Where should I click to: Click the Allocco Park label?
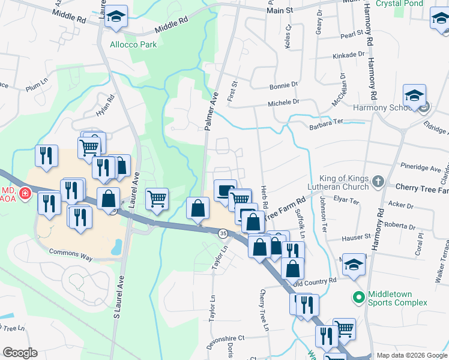click(133, 44)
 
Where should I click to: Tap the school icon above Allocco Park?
click(116, 18)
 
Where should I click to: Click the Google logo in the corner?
click(20, 353)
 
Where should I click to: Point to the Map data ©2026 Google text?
click(411, 355)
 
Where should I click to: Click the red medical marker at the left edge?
click(25, 193)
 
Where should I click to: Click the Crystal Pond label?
click(399, 4)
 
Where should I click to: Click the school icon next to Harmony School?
click(414, 96)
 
